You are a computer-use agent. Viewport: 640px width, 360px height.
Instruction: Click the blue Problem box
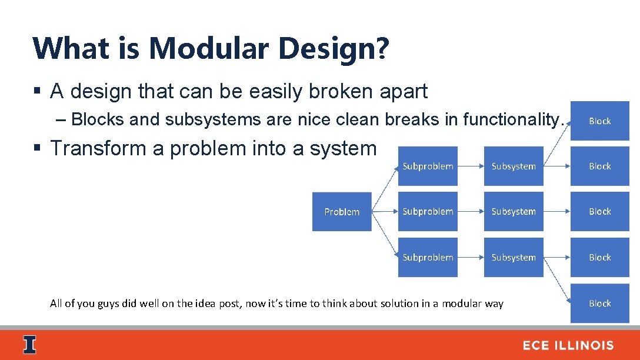(x=342, y=212)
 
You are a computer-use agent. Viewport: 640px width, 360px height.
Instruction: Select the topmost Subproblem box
(x=428, y=166)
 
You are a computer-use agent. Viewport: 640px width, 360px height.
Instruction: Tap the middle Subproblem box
(x=428, y=212)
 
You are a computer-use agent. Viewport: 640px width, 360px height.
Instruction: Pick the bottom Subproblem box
(x=428, y=258)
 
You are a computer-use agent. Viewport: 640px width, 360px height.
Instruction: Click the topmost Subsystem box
(x=514, y=166)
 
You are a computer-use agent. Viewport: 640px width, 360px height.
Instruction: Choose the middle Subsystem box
(x=514, y=212)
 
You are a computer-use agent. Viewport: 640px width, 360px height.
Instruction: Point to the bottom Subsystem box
(x=514, y=258)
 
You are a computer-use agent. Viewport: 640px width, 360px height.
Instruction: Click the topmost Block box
(x=600, y=121)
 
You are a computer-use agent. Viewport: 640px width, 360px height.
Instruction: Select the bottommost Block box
(x=600, y=304)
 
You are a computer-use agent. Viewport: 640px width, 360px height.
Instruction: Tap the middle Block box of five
(x=600, y=212)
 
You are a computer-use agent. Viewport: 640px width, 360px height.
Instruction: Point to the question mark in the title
(x=382, y=48)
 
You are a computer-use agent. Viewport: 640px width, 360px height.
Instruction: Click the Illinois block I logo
(x=29, y=345)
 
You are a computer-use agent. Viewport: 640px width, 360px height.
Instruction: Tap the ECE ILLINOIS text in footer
(x=568, y=346)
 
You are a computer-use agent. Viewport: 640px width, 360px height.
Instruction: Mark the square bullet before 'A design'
(x=36, y=92)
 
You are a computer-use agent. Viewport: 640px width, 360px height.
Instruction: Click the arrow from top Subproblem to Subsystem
(x=471, y=166)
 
